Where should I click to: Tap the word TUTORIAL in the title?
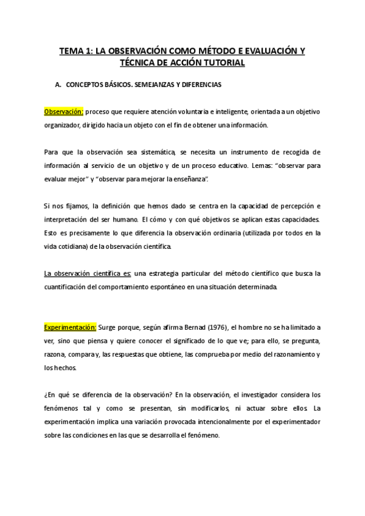coord(221,63)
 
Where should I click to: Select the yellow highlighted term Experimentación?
coord(71,327)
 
